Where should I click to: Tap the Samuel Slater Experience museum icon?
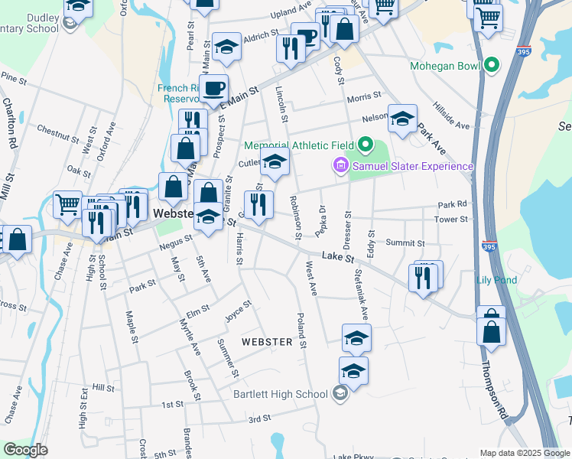click(340, 165)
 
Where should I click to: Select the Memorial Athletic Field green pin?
click(364, 145)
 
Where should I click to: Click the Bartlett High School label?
click(279, 394)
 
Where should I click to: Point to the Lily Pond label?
click(497, 280)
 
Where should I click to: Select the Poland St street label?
click(302, 330)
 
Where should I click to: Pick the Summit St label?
click(405, 243)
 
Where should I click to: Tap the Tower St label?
click(450, 220)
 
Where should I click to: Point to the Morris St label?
click(363, 97)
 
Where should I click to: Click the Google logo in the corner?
click(25, 450)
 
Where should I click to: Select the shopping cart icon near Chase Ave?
click(68, 203)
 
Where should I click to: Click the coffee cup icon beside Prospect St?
click(213, 87)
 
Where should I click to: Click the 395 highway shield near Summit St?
click(489, 246)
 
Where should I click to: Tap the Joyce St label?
click(238, 313)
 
